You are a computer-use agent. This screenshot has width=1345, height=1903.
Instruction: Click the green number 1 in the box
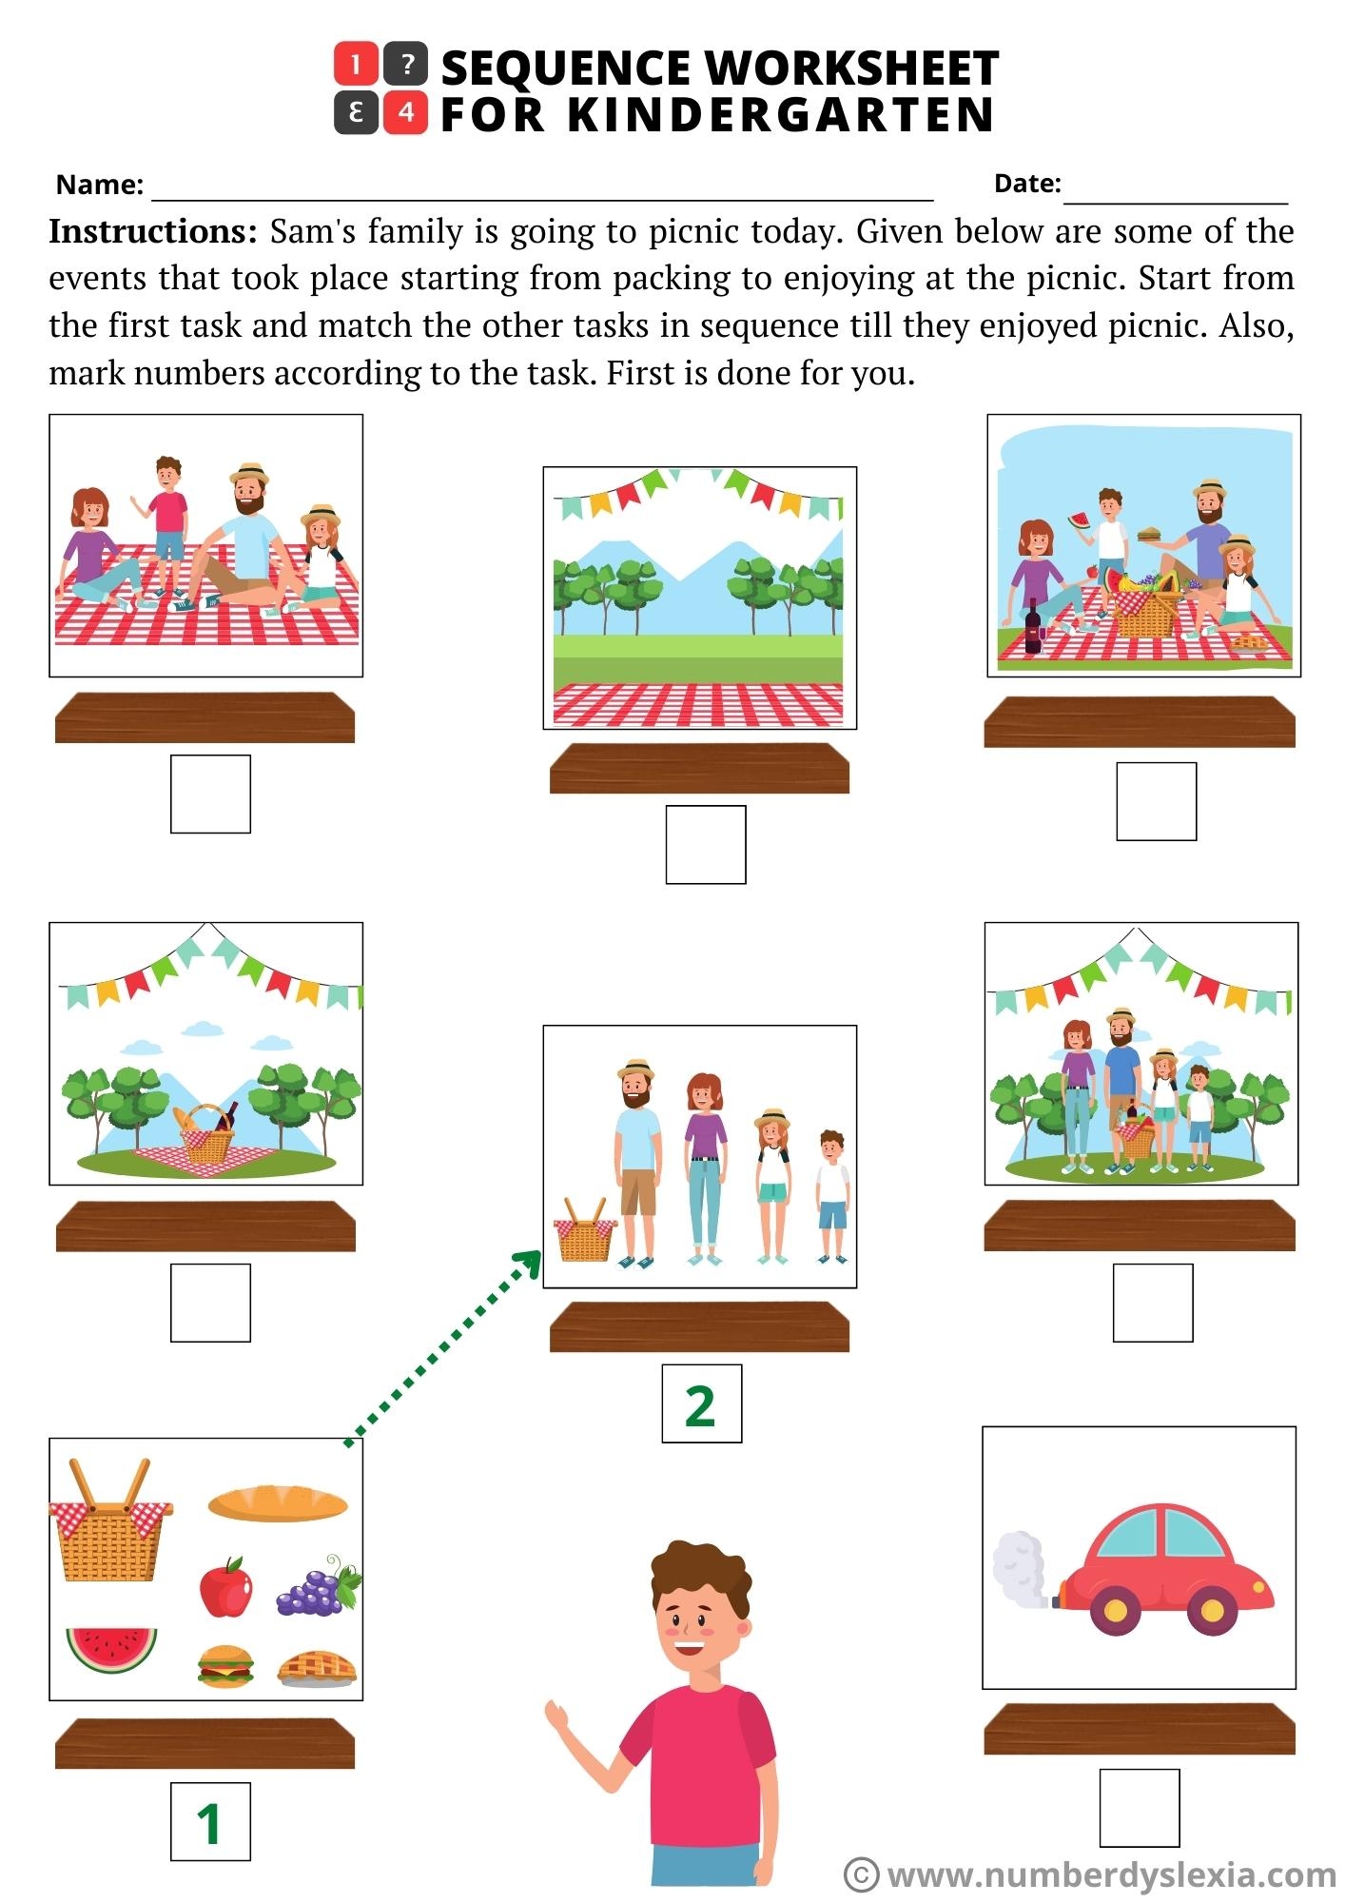209,1822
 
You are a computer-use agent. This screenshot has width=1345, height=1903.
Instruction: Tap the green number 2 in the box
700,1404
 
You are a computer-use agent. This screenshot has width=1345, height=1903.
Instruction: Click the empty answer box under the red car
1139,1808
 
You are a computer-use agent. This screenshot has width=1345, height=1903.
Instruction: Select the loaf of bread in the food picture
278,1503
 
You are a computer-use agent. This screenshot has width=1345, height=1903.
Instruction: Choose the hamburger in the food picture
225,1666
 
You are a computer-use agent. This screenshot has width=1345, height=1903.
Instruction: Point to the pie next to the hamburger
317,1668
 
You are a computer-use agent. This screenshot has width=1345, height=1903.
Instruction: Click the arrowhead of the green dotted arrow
528,1263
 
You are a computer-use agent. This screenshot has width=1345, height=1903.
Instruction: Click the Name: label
100,185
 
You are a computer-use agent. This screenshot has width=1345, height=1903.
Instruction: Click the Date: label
1027,184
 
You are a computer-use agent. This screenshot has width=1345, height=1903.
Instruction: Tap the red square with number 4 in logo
405,113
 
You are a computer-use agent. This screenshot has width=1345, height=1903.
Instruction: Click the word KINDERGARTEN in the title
780,115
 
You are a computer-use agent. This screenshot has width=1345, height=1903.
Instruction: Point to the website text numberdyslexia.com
1111,1874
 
